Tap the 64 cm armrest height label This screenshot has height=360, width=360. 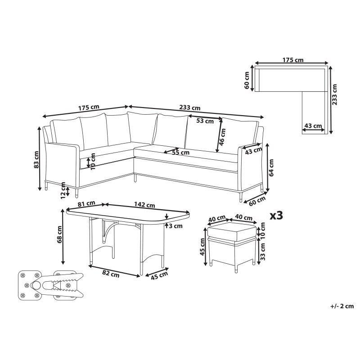tap(272, 167)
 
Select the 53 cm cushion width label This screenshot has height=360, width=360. tap(205, 121)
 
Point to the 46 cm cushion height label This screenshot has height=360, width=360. tap(222, 137)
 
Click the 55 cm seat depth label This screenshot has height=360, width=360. tap(181, 152)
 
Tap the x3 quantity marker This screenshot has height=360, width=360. tap(276, 216)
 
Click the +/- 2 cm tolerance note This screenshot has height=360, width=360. tap(342, 306)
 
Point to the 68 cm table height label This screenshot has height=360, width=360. tap(59, 234)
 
